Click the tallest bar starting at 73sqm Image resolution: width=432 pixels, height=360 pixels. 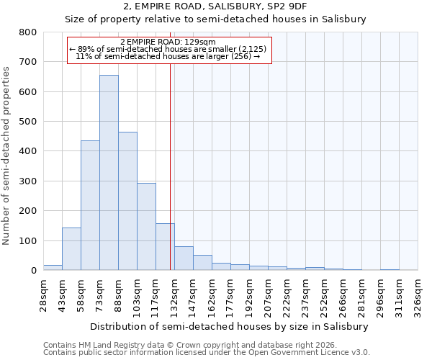tap(109, 173)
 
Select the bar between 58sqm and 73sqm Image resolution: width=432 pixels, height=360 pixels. tap(90, 205)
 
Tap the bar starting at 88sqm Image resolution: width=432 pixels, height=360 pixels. tap(127, 201)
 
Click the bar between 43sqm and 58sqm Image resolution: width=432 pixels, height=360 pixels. tap(71, 249)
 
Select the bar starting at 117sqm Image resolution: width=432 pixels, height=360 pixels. tap(165, 247)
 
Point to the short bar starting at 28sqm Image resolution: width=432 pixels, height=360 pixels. tap(53, 267)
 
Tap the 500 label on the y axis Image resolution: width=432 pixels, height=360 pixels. tap(27, 122)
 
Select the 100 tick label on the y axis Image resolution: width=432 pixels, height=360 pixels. tap(27, 240)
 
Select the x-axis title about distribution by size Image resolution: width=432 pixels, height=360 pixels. tap(230, 326)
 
